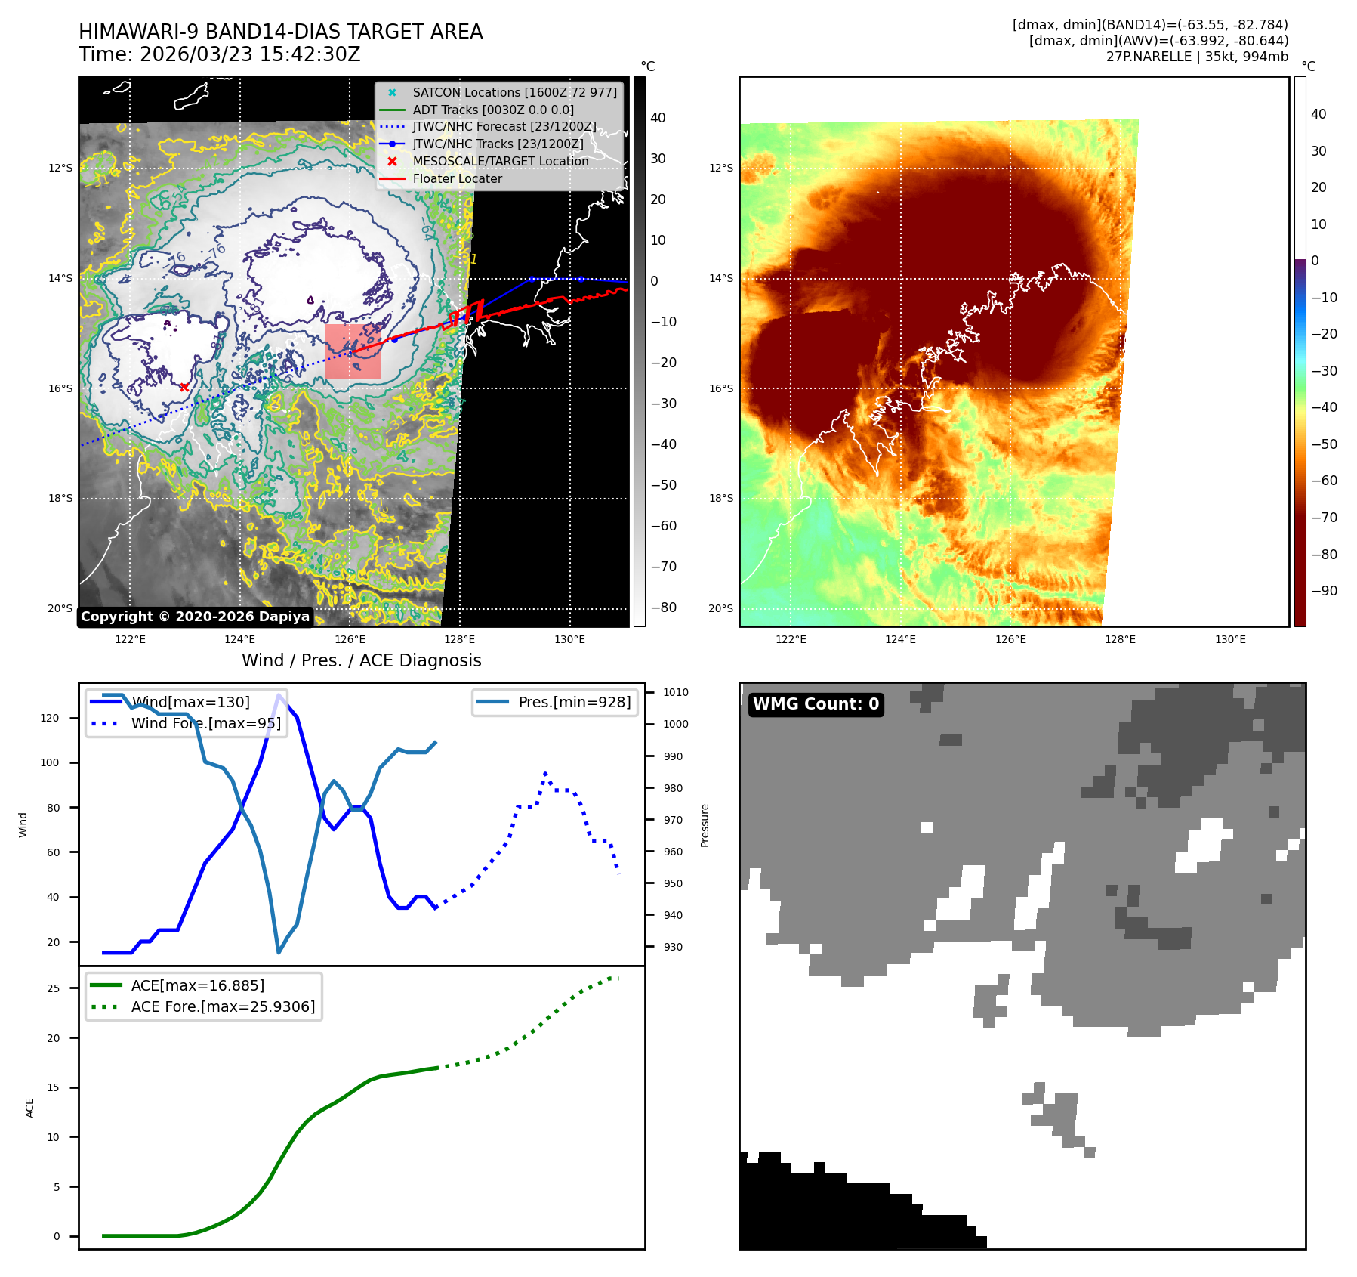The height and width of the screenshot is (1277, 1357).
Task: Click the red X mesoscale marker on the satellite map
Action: [x=184, y=387]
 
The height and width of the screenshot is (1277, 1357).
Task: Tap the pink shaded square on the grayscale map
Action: [x=353, y=352]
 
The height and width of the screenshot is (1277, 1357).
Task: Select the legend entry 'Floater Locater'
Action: [x=457, y=179]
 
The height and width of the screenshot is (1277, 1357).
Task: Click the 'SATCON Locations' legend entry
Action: [x=514, y=93]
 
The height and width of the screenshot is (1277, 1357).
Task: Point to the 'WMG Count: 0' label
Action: [x=816, y=704]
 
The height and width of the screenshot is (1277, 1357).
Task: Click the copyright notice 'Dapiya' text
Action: [x=195, y=617]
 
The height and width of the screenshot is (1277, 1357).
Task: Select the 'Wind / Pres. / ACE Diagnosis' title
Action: [x=361, y=661]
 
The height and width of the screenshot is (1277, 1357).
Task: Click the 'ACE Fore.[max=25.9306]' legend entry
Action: [x=223, y=1006]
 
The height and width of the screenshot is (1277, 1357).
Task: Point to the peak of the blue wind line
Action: [x=279, y=695]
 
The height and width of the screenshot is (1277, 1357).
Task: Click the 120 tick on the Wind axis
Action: [x=50, y=718]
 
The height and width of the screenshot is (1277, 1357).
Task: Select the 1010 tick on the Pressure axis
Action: [x=676, y=692]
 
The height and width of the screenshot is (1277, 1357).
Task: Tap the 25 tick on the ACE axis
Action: [x=53, y=988]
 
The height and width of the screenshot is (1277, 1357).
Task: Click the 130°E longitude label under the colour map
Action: [x=1230, y=640]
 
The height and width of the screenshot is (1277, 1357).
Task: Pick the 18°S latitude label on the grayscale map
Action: [x=60, y=499]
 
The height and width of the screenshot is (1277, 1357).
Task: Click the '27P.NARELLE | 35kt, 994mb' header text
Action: [x=1197, y=57]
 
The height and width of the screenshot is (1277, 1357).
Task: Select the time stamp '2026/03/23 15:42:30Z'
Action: [x=250, y=55]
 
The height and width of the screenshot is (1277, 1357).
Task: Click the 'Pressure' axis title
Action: [x=705, y=825]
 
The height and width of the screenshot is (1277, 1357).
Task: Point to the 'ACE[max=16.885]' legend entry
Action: [x=197, y=985]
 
